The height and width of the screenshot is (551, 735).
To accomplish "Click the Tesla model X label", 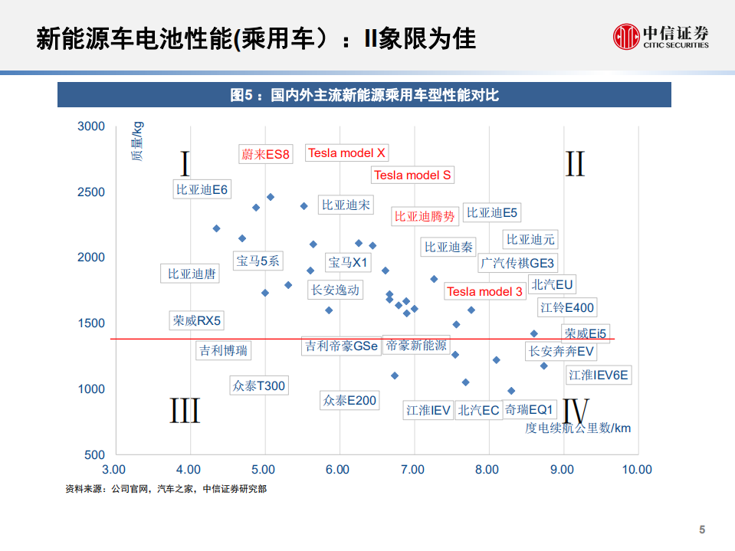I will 346,153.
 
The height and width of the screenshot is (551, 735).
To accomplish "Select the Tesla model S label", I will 412,175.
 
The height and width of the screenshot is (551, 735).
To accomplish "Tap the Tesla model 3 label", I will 484,291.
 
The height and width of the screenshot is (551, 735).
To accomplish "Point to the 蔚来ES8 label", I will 265,155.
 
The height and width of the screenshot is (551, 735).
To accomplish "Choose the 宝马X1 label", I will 349,263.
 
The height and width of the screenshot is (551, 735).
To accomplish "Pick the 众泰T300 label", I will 259,385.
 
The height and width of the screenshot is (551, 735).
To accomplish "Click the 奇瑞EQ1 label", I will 529,410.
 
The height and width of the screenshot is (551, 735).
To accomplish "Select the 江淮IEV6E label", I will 599,376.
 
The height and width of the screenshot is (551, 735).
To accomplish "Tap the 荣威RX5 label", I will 197,321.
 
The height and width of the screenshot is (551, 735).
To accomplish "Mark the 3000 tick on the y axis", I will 91,126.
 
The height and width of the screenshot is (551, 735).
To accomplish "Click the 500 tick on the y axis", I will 95,455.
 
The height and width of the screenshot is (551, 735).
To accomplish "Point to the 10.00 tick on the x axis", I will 636,470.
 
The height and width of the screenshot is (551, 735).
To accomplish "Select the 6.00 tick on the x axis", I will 338,470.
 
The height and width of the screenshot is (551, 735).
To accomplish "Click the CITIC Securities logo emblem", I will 625,36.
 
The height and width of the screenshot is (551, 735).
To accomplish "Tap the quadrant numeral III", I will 185,412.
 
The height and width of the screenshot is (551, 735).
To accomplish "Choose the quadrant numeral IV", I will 576,412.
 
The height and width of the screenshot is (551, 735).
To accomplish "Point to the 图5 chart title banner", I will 364,95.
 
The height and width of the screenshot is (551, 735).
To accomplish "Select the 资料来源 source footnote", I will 166,489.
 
